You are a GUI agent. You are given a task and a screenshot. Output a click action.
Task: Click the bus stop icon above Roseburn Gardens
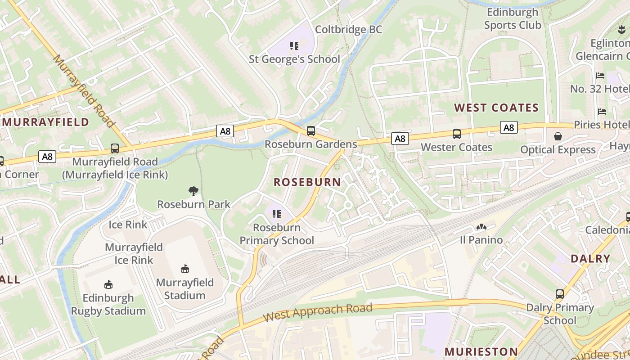[310, 131]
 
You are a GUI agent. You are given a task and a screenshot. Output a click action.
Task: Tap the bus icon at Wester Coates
[456, 134]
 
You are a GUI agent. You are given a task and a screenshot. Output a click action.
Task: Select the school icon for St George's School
[294, 45]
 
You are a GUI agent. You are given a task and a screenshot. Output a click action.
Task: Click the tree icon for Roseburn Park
[193, 191]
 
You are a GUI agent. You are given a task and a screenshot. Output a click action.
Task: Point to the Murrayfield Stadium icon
[184, 269]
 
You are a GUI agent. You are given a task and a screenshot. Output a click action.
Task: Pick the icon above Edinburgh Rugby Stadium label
[108, 284]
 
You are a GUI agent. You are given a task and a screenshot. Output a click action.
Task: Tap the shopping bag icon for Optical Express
[558, 136]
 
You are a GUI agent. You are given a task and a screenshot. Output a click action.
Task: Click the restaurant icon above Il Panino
[481, 227]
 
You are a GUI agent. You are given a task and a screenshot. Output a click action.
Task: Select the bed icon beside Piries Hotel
[602, 111]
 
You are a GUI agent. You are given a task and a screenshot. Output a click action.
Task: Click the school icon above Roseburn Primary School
[276, 214]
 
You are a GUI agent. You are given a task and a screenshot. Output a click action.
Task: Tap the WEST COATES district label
[496, 108]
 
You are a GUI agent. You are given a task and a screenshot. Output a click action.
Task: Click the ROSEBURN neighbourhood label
[307, 182]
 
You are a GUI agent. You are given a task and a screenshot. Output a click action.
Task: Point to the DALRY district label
[590, 259]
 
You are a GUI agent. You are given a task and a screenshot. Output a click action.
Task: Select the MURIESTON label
[481, 351]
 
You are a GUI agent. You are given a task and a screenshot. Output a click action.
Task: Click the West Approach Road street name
[318, 312]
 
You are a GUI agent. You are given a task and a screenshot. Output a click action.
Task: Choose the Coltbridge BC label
[348, 30]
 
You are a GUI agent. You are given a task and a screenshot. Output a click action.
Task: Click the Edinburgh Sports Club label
[513, 18]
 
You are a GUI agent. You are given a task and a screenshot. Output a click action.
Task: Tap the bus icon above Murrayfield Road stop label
[115, 148]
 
